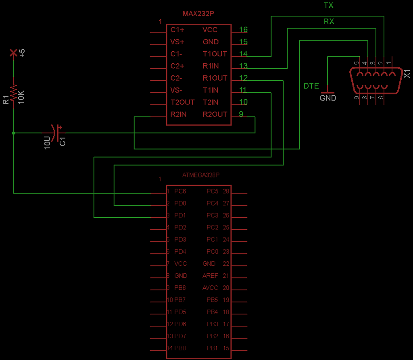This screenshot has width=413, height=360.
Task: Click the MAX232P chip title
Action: coord(198,14)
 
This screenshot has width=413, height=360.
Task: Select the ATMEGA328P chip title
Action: coord(201,175)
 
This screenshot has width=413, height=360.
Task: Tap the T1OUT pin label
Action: coord(215,54)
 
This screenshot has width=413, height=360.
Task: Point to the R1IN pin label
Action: coord(211,66)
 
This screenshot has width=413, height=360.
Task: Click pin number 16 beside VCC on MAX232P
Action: coord(243,30)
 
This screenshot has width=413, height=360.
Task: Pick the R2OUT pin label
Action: coord(215,114)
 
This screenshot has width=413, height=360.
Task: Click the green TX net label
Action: coord(329,6)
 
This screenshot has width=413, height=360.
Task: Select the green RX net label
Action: coord(329,22)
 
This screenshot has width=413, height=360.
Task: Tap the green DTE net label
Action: coord(311,86)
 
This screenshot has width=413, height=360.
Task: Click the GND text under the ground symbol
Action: coord(327,98)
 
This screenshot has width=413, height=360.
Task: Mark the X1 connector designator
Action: coord(407,74)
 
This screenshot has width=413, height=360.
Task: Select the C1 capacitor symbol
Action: coord(56,133)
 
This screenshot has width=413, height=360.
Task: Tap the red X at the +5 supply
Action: coord(13,52)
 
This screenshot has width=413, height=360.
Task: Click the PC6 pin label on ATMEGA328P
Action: coord(180,191)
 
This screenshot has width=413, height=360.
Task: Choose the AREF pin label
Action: coord(210,276)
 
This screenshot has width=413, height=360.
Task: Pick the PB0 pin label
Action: coord(180,348)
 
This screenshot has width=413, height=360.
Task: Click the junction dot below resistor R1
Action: coord(13,133)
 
